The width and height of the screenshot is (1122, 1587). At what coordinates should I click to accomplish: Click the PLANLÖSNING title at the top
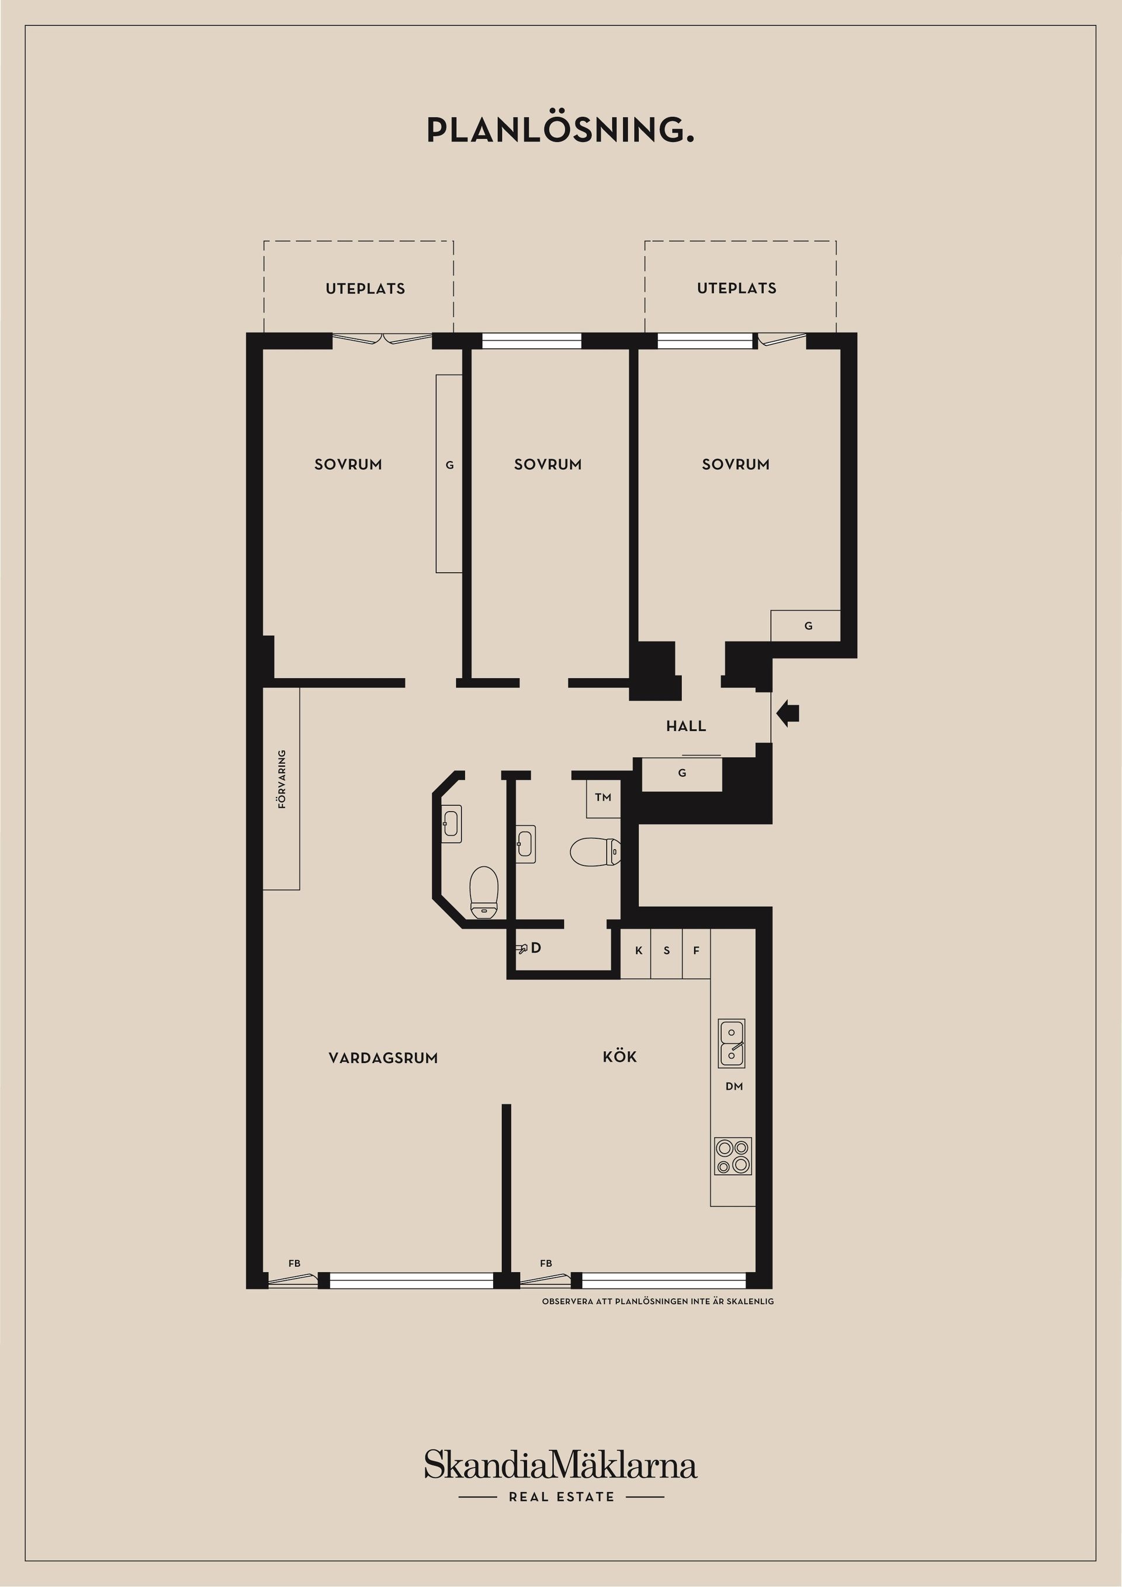560,130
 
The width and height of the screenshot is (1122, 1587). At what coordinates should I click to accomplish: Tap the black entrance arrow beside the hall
788,713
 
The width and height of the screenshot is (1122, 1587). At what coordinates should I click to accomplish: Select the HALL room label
686,726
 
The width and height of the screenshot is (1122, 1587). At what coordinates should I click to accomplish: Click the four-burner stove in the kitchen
733,1156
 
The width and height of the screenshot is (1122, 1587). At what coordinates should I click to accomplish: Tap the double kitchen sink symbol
732,1043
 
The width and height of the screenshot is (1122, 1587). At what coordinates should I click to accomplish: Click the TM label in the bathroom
603,798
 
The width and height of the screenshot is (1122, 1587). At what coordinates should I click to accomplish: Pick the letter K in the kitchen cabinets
639,951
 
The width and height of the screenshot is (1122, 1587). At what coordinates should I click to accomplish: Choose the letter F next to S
696,951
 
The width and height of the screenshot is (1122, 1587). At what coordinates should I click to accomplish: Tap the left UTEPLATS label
365,289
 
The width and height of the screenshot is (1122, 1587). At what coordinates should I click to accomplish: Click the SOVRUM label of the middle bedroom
548,465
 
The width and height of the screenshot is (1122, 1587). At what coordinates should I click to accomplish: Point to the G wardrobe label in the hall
681,773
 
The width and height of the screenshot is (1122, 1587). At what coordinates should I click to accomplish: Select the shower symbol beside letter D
522,949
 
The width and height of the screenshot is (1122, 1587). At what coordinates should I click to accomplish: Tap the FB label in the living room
295,1263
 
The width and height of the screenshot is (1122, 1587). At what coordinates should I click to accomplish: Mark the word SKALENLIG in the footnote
750,1301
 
